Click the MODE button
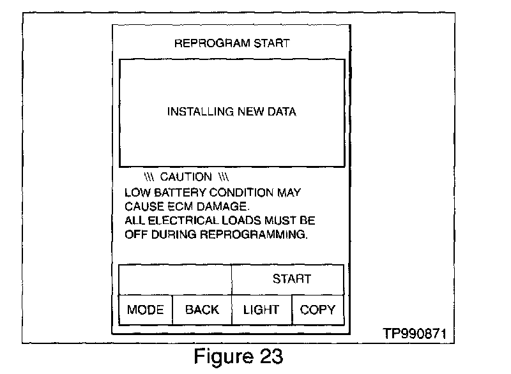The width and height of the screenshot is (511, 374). [x=146, y=310]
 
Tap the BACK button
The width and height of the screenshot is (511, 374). [x=202, y=310]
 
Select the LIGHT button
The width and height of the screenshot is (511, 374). [x=261, y=310]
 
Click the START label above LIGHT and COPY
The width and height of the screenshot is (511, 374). [x=291, y=279]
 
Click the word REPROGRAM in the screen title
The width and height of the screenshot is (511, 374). [x=208, y=43]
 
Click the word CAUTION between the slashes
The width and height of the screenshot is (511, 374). [x=186, y=177]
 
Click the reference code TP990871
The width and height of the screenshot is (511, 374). [x=414, y=334]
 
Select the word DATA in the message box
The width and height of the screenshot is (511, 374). [x=282, y=112]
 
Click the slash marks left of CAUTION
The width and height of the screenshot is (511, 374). [x=150, y=177]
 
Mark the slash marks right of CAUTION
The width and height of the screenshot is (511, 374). [x=224, y=177]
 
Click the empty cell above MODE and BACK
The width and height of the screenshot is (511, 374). [x=174, y=279]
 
